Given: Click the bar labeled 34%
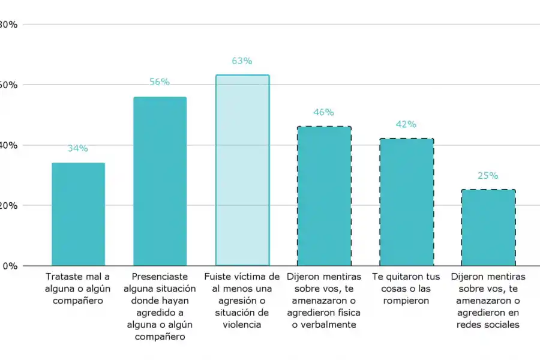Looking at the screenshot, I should point(78,214).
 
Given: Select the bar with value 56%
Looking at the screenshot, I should point(160,181).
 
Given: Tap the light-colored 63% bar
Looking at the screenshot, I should point(242,170).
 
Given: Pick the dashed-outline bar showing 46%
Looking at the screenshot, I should point(324,196).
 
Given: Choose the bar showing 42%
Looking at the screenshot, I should point(406,202).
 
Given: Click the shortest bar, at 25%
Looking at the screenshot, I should point(488,228).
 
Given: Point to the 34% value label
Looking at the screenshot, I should point(78,148).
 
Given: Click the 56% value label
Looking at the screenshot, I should point(160,82).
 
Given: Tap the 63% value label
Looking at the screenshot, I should point(242,61).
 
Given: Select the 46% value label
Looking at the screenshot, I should point(324,112).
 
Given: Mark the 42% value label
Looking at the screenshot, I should point(406,124).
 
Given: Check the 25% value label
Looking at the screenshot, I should point(488,176).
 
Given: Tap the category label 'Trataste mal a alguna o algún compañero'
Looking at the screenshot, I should point(78,289).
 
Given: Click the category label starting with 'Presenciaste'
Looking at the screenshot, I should point(160,307).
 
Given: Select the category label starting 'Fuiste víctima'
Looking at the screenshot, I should point(242,301).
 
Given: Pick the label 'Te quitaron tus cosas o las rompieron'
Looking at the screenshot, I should point(406,289).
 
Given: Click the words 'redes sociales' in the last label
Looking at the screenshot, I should point(488,325).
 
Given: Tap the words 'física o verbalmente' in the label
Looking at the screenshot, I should point(324,319).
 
